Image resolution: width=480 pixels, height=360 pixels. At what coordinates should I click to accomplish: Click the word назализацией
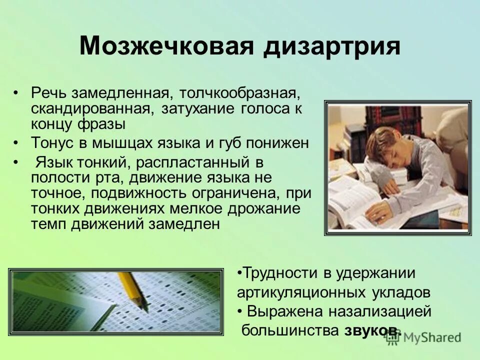point(379,311)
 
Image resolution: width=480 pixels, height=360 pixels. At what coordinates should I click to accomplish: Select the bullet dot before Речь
point(16,93)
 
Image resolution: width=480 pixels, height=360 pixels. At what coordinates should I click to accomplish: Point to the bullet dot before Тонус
point(16,143)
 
